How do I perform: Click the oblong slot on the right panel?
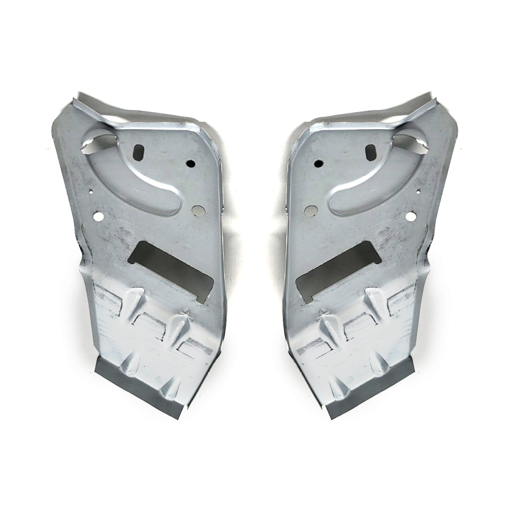click(371, 151)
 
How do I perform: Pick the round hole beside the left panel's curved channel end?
click(197, 209)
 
